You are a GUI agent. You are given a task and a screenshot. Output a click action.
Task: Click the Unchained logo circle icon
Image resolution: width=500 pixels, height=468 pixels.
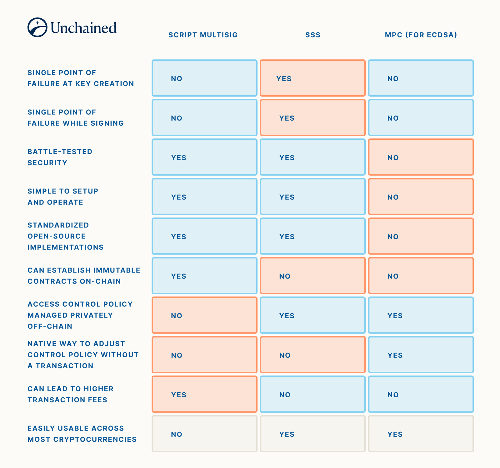point(37,28)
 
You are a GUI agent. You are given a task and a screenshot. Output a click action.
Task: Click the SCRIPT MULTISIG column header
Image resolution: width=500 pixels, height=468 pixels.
point(203,35)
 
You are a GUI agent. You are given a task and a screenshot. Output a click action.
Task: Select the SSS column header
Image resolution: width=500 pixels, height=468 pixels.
point(312,35)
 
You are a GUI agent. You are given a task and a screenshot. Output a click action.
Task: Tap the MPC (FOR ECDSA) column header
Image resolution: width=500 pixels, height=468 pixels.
point(421,35)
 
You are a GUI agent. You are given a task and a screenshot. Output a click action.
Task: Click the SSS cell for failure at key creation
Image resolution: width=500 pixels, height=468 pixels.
point(312,78)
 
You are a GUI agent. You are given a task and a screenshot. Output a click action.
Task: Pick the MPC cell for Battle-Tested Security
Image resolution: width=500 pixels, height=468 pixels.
point(421,157)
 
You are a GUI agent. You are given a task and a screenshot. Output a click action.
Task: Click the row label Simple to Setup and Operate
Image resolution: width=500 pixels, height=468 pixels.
point(62,197)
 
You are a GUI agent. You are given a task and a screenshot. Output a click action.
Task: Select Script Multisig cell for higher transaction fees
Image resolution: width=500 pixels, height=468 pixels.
point(204,394)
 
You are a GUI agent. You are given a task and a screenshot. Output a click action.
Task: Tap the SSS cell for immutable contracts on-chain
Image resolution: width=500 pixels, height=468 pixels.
point(312,276)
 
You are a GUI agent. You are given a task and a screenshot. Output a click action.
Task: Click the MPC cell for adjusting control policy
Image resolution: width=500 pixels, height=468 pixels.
point(421,355)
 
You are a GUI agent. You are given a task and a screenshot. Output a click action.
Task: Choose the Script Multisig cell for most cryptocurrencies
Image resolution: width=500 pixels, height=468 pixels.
point(204,434)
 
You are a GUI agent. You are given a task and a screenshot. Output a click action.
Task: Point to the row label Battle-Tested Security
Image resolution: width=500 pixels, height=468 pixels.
point(60,157)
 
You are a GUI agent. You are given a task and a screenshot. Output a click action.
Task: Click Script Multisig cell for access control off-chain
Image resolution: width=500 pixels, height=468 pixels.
point(204,315)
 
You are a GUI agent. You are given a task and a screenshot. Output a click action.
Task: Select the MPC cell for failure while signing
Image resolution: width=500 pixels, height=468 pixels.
point(421,118)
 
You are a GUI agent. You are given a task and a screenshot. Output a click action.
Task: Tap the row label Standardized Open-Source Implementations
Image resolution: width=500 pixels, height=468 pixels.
point(65,236)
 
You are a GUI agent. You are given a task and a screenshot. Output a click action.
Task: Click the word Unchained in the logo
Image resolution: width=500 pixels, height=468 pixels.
point(83,28)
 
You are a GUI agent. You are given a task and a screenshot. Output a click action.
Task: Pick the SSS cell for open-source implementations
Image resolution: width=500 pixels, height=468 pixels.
point(312,236)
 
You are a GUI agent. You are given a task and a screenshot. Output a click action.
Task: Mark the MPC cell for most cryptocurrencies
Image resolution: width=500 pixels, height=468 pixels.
point(421,434)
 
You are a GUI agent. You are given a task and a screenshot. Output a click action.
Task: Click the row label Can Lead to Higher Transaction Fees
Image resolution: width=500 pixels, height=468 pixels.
point(70,394)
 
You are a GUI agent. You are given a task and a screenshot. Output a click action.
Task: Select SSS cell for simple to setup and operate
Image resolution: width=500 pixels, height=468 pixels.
point(312,197)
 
